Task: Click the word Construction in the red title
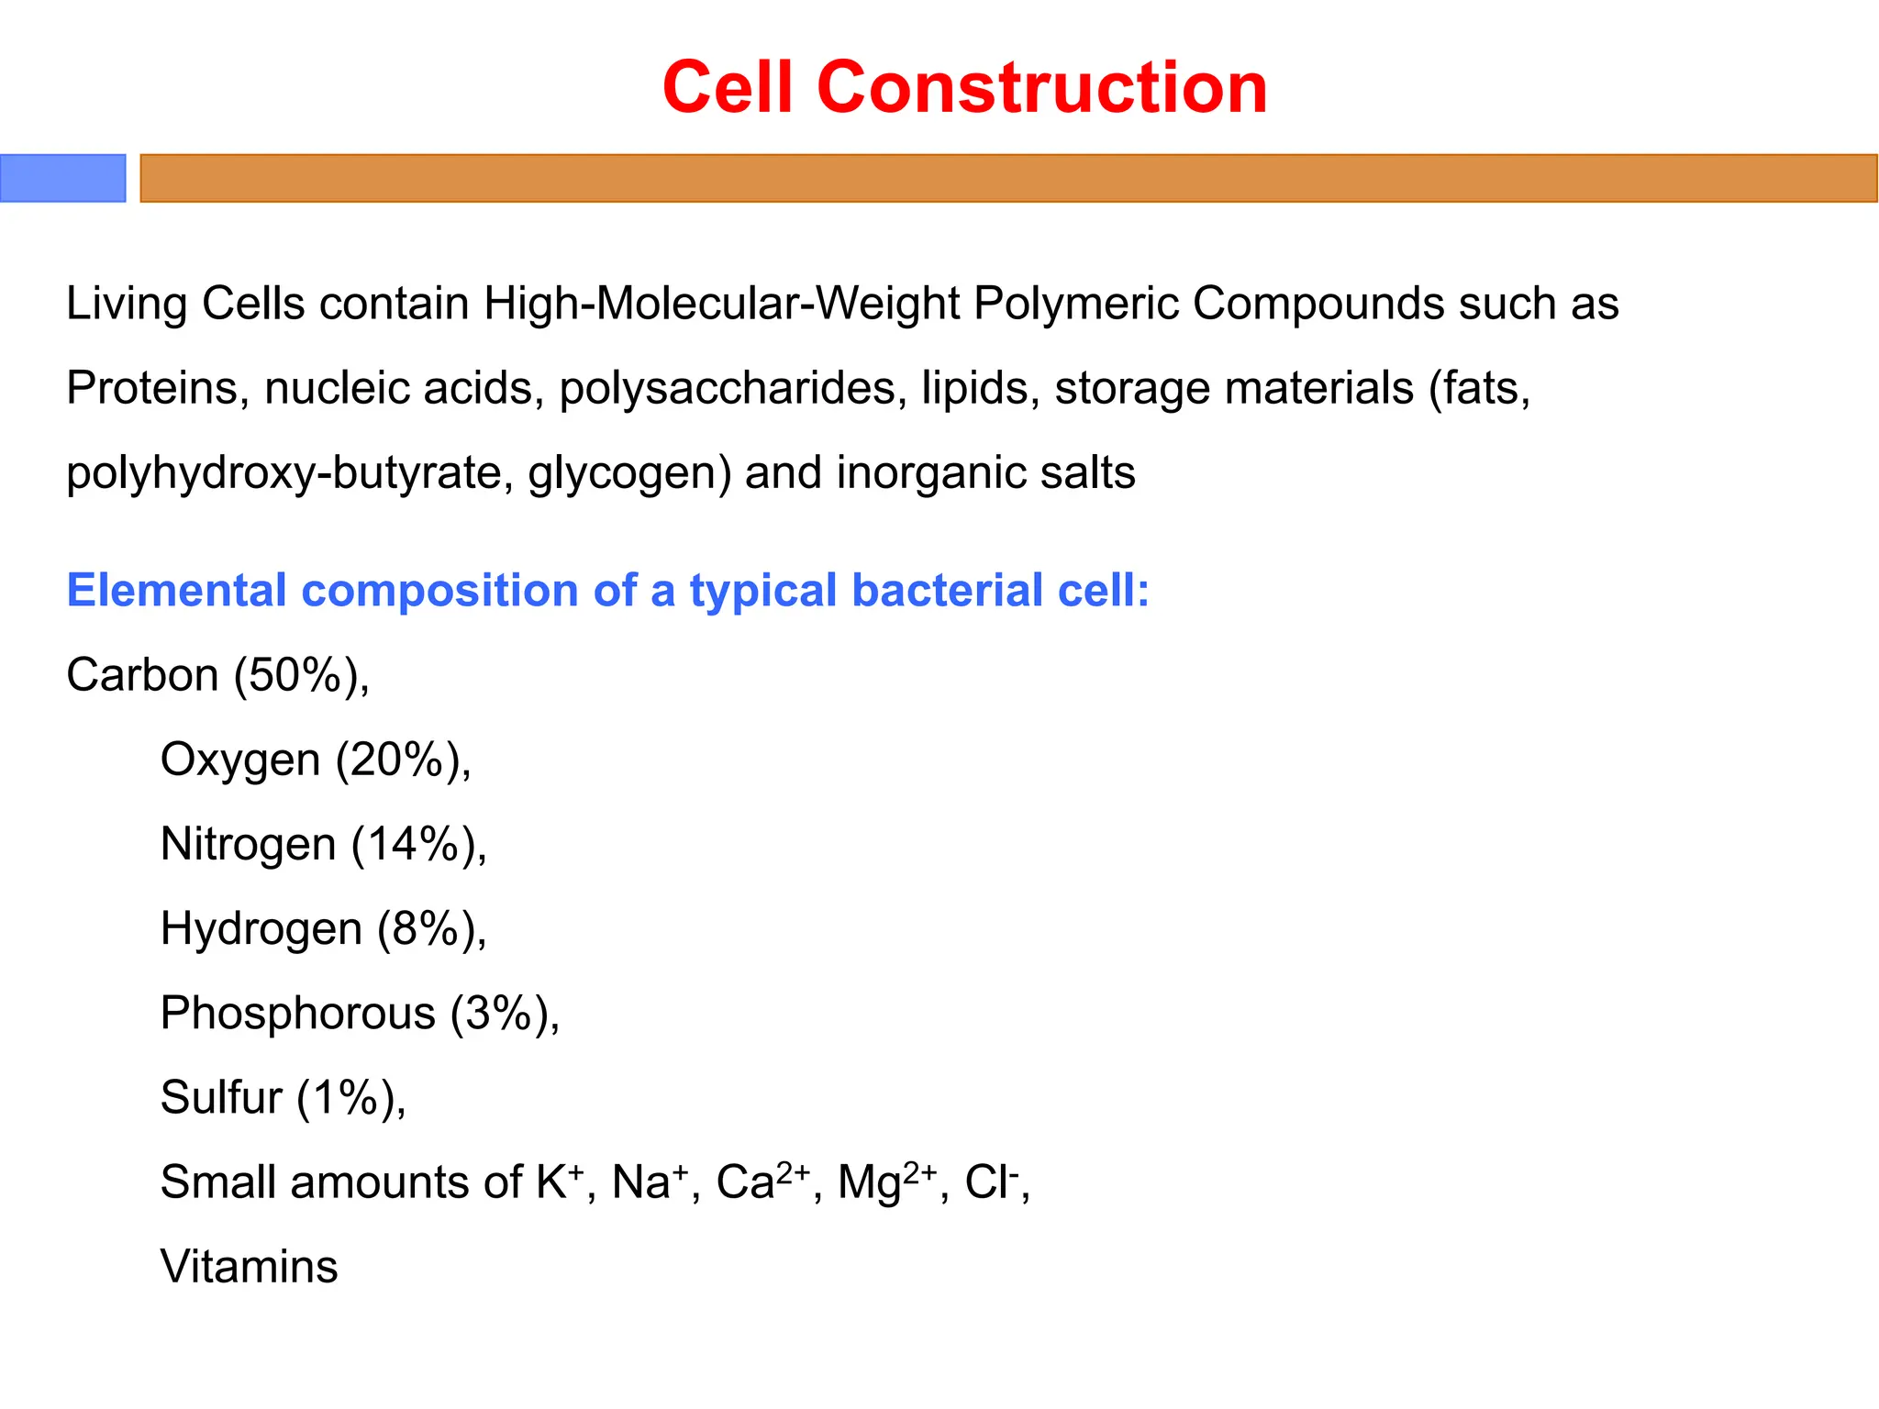[1041, 87]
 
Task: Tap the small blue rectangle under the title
[62, 178]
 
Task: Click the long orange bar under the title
[1008, 178]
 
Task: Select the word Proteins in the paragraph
[152, 388]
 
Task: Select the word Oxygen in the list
[240, 760]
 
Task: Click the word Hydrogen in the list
[261, 929]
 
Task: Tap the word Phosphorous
[297, 1014]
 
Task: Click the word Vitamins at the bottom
[249, 1267]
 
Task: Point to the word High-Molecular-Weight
[721, 304]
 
